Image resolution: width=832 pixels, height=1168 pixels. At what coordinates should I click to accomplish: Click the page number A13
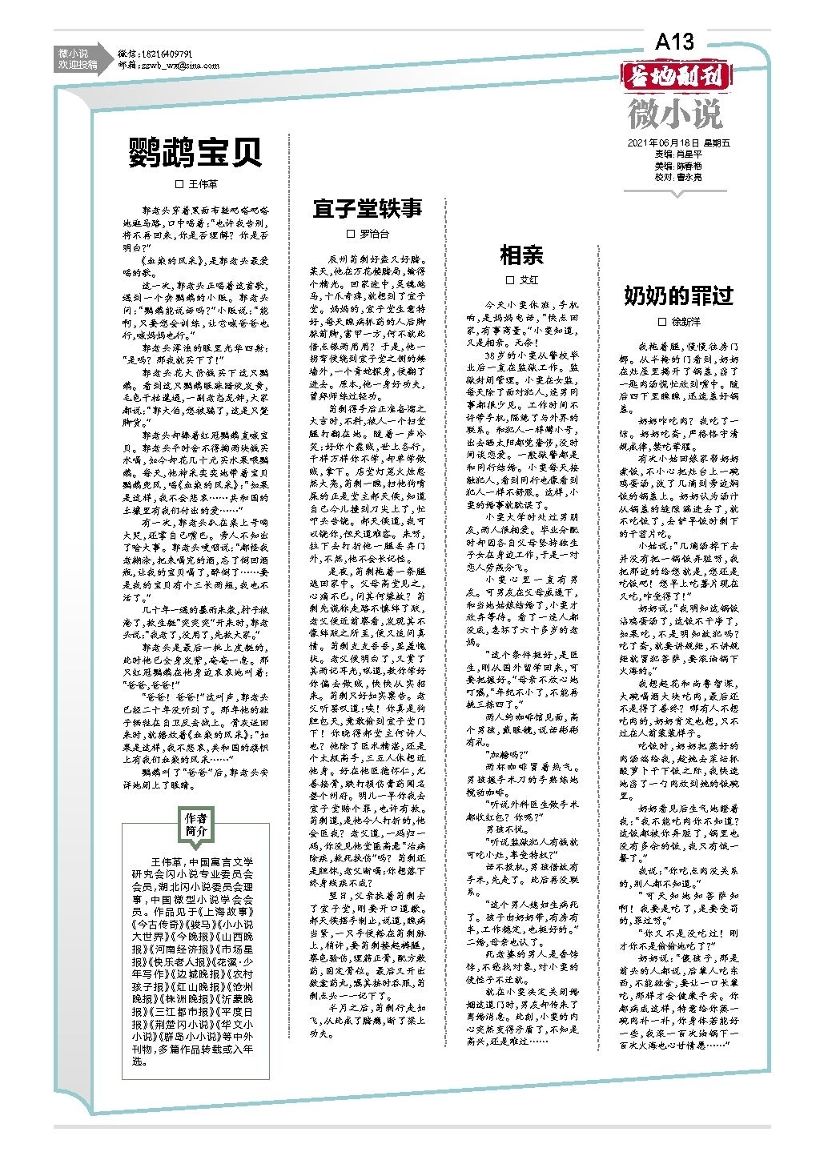(674, 42)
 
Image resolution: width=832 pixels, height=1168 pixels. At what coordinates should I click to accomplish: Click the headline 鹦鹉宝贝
(195, 152)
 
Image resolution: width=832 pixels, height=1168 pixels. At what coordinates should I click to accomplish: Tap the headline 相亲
(521, 255)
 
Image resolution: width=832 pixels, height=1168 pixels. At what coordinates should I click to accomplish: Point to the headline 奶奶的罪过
(678, 295)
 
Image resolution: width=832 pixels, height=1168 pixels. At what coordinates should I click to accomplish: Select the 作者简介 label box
(196, 825)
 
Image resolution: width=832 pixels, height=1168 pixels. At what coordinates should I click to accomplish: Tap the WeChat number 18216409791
(167, 53)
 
